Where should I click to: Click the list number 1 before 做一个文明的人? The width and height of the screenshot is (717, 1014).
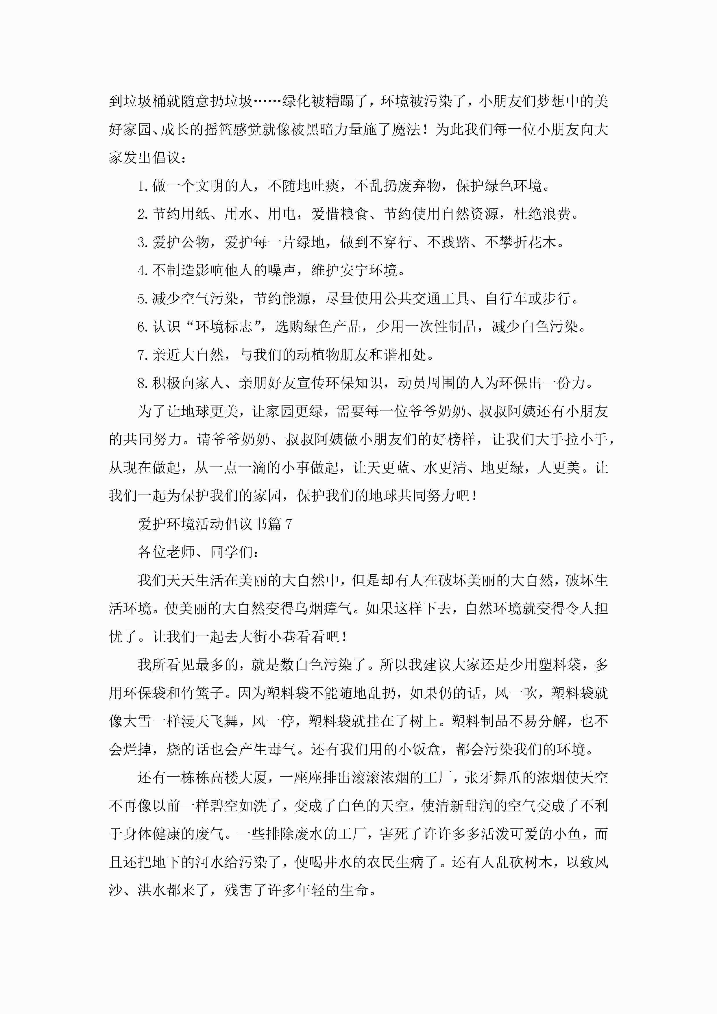(x=141, y=186)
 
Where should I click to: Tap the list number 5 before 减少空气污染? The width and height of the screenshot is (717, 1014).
(x=141, y=299)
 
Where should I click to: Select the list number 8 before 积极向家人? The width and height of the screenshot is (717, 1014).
(x=141, y=383)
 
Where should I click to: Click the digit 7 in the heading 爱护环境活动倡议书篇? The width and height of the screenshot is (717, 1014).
(x=289, y=524)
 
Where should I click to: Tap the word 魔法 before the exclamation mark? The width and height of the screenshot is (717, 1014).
(x=406, y=129)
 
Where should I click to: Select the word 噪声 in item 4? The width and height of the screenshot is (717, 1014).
(x=281, y=270)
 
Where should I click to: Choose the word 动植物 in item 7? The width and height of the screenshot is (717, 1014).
(x=317, y=355)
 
